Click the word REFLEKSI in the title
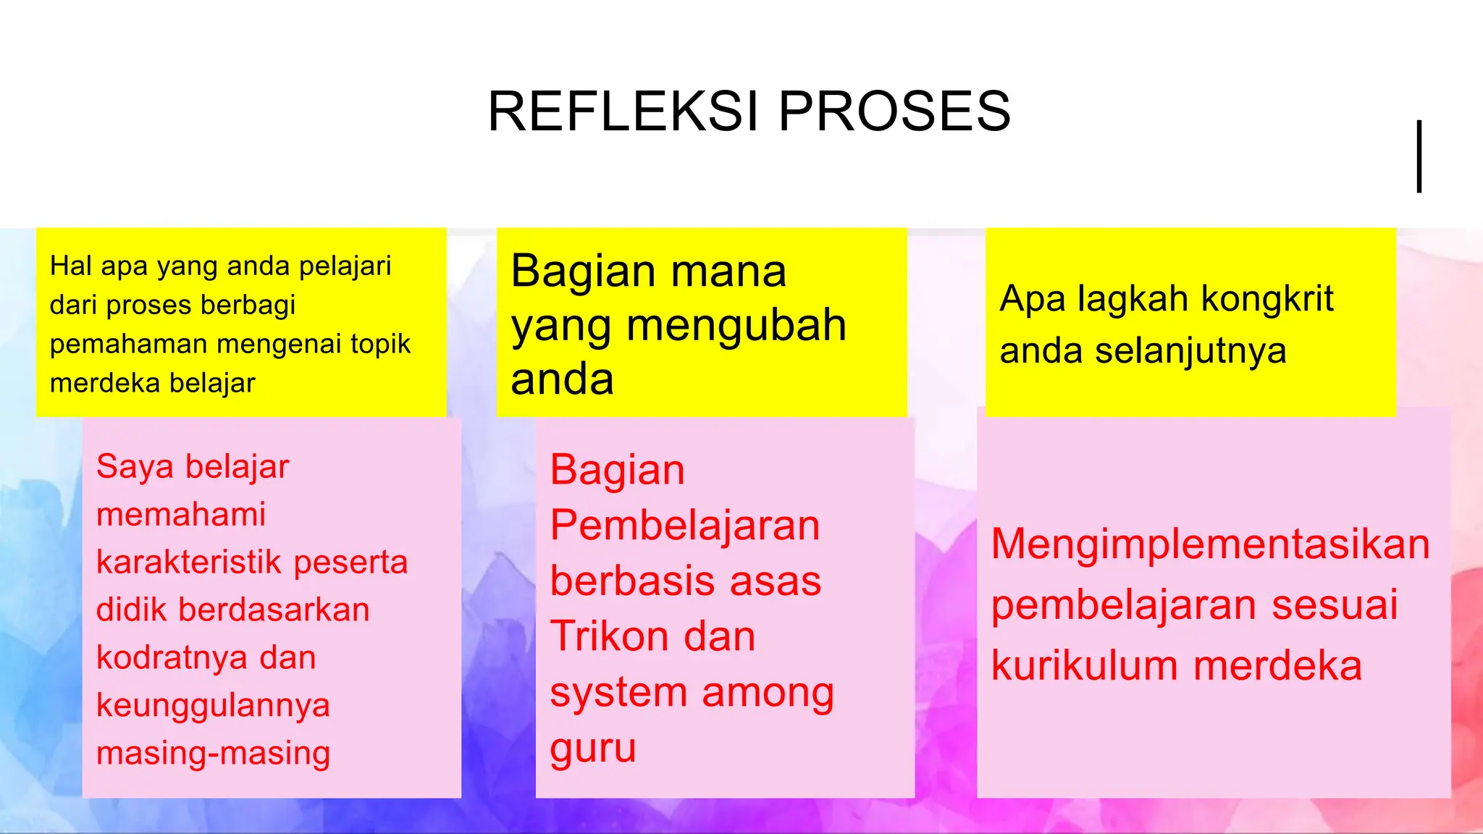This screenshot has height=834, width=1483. pyautogui.click(x=623, y=111)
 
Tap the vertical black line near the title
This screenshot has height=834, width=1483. pyautogui.click(x=1419, y=156)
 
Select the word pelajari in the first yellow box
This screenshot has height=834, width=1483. pyautogui.click(x=345, y=266)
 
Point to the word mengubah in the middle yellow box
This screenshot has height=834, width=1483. pyautogui.click(x=736, y=326)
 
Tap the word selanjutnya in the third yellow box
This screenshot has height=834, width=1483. pyautogui.click(x=1190, y=351)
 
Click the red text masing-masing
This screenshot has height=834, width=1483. pyautogui.click(x=213, y=753)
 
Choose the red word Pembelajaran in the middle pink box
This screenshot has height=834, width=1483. pyautogui.click(x=684, y=526)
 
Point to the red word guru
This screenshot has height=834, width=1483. pyautogui.click(x=592, y=749)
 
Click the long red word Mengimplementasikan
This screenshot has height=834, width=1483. pyautogui.click(x=1210, y=544)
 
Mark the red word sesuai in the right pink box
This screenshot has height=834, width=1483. pyautogui.click(x=1335, y=605)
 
